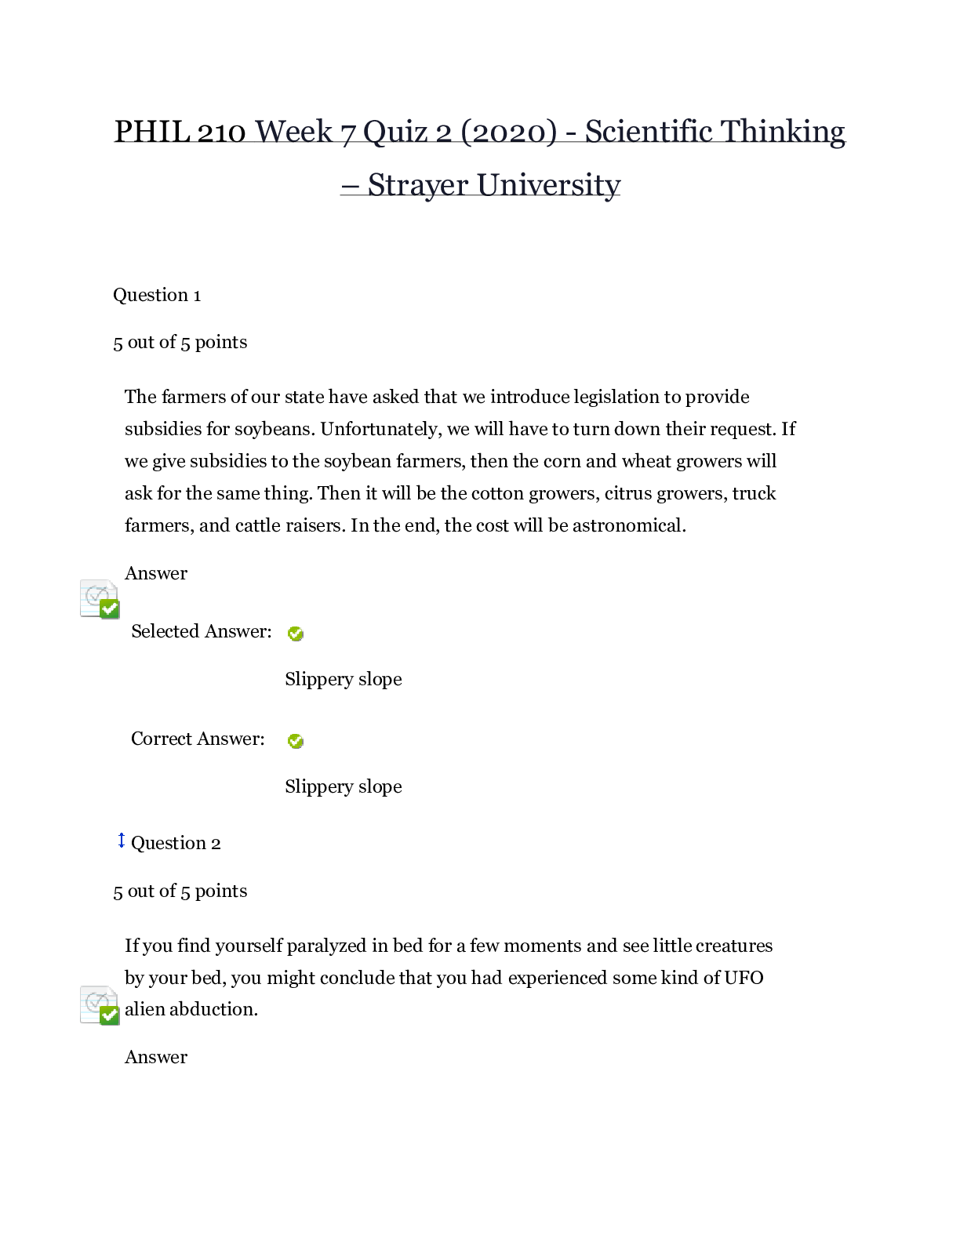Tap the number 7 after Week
[347, 132]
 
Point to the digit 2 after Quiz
[444, 132]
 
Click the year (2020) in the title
[509, 132]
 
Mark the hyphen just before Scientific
[571, 132]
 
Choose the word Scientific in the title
[648, 132]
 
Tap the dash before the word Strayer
[350, 186]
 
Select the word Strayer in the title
[417, 186]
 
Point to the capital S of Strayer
[376, 185]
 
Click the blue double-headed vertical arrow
[122, 841]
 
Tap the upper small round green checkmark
[296, 634]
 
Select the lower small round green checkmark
[296, 741]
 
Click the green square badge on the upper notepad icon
[110, 608]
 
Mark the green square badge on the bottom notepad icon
[110, 1015]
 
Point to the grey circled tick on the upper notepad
[95, 596]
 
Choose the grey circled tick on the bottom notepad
[95, 1002]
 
